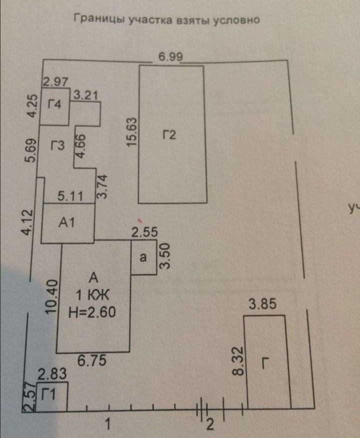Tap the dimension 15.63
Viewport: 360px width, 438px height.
tap(132, 131)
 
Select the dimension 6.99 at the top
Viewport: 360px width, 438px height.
tap(170, 57)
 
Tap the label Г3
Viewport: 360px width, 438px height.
tap(57, 146)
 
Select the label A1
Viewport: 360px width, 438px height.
tap(66, 223)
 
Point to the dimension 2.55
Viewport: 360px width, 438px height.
tap(144, 232)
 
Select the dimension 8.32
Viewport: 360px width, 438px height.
tap(238, 361)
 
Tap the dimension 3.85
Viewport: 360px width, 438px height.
tap(262, 303)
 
